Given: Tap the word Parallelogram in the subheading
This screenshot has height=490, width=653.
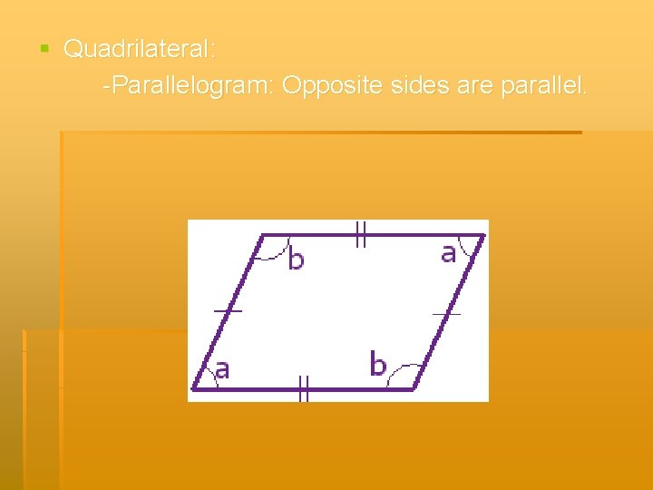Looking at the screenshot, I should (192, 86).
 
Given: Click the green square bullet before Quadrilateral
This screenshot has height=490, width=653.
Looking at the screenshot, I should (44, 48).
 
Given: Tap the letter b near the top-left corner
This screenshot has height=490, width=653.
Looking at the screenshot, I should (296, 260).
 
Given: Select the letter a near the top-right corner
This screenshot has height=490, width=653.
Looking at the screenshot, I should (448, 253).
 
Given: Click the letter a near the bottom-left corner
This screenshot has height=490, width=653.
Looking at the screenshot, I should (221, 368).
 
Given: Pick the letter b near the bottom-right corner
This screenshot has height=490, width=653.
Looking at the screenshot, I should (377, 365).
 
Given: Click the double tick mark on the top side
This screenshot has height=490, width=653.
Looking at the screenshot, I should (360, 236).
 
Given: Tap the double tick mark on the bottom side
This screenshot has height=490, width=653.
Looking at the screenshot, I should (304, 390).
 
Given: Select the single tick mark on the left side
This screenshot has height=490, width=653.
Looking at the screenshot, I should (228, 311).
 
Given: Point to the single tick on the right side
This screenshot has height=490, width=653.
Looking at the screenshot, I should (446, 314).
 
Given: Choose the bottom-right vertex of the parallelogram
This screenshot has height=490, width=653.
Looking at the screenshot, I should (414, 389).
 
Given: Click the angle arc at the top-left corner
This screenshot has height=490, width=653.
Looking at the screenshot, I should (275, 254).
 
